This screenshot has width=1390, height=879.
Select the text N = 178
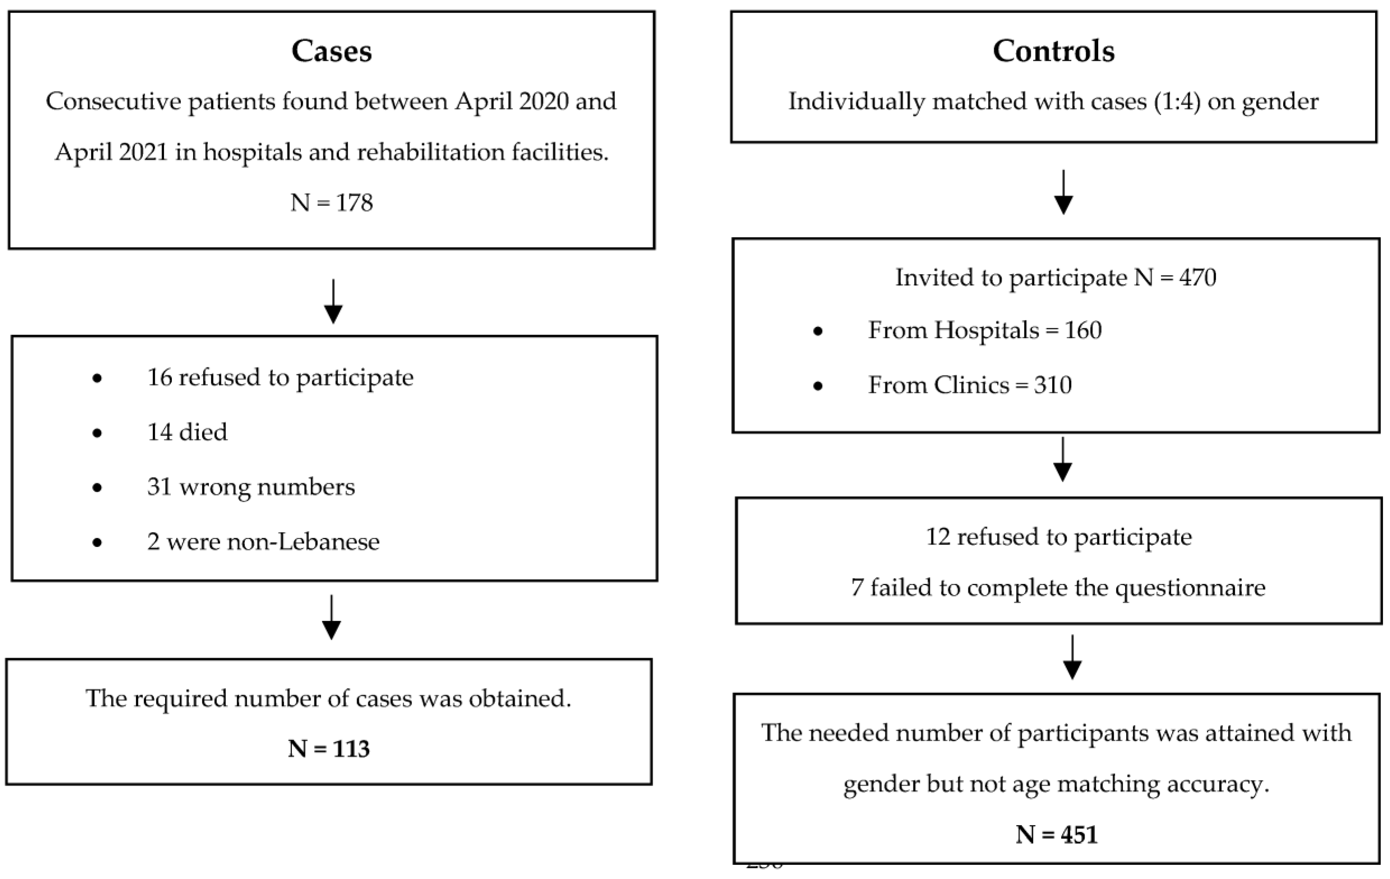[x=331, y=202]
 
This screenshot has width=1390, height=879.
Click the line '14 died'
[x=187, y=432]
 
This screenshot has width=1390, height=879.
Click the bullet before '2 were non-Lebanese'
[x=97, y=542]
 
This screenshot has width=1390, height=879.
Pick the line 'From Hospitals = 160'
[x=985, y=330]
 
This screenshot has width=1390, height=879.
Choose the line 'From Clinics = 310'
[x=970, y=385]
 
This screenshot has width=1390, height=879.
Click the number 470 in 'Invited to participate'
[x=1198, y=278]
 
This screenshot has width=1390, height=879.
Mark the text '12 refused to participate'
[x=1059, y=537]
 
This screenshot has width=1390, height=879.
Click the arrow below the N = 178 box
[x=333, y=303]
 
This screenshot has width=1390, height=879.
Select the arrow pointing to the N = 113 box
[x=331, y=618]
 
